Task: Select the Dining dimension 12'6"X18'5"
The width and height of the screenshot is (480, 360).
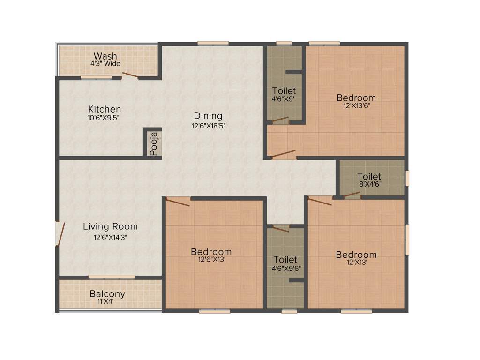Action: click(208, 126)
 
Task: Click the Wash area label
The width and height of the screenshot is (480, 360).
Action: click(105, 56)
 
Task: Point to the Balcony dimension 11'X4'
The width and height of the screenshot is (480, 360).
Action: click(107, 302)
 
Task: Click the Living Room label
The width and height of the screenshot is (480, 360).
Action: click(110, 227)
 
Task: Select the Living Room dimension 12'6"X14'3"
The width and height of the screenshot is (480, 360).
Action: click(110, 237)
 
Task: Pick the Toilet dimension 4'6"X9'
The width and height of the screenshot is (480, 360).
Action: click(284, 99)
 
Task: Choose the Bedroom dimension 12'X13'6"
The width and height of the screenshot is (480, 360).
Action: click(356, 106)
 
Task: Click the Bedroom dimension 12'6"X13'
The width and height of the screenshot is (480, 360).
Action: click(211, 260)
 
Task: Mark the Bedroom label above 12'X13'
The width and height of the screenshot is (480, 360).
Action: click(356, 255)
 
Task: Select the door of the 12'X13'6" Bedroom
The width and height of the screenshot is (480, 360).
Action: click(284, 154)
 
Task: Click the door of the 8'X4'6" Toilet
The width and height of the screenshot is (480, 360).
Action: click(352, 195)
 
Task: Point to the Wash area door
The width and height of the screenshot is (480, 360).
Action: click(130, 75)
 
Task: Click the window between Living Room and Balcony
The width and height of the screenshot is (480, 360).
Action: click(112, 277)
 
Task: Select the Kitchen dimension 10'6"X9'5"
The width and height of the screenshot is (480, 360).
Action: click(104, 118)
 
